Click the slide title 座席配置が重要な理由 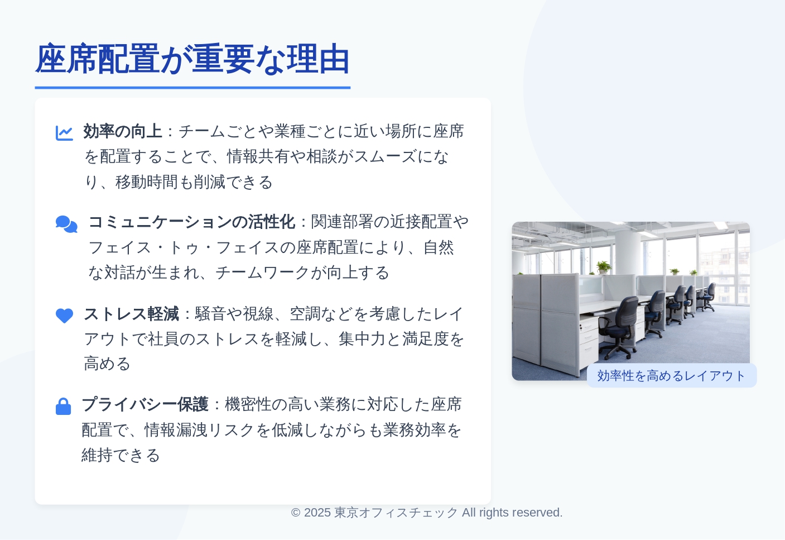click(x=192, y=59)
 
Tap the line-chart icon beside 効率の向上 click(x=65, y=133)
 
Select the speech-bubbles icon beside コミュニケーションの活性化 click(x=66, y=224)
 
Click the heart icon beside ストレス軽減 click(x=65, y=316)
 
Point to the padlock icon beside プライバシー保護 click(x=64, y=407)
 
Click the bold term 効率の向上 click(x=123, y=131)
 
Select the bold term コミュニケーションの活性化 click(x=192, y=222)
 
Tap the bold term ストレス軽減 click(x=132, y=314)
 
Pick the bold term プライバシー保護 click(x=145, y=404)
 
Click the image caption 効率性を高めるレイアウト click(x=671, y=376)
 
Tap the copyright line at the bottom click(x=426, y=513)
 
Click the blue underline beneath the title click(x=192, y=88)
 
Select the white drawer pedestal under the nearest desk click(x=590, y=340)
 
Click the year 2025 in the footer click(x=317, y=513)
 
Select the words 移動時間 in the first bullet click(x=147, y=183)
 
